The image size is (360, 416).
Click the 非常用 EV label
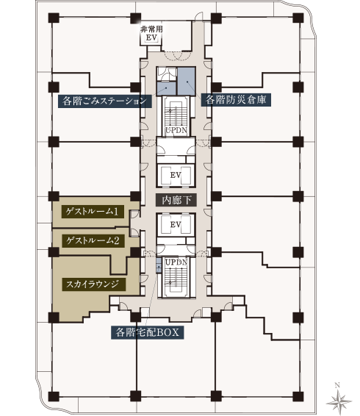[151, 33]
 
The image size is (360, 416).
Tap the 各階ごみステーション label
[105, 101]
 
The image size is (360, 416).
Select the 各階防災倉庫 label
[236, 100]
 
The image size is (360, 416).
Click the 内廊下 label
[176, 200]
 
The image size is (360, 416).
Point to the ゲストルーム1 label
[93, 212]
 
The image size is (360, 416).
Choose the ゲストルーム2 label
[93, 241]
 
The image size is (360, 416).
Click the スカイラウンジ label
[93, 284]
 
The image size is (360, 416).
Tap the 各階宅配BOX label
[148, 332]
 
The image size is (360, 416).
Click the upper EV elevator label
[176, 175]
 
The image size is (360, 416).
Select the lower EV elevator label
[176, 224]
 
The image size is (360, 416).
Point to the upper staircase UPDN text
[176, 130]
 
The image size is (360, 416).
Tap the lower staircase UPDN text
[176, 262]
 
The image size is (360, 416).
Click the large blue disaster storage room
[187, 81]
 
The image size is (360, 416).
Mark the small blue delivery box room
[159, 265]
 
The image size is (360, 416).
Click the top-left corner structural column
[54, 18]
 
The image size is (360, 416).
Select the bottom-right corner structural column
[298, 396]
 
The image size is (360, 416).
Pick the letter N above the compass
[337, 385]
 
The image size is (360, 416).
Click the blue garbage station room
[166, 89]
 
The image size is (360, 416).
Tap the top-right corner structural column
[298, 18]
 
